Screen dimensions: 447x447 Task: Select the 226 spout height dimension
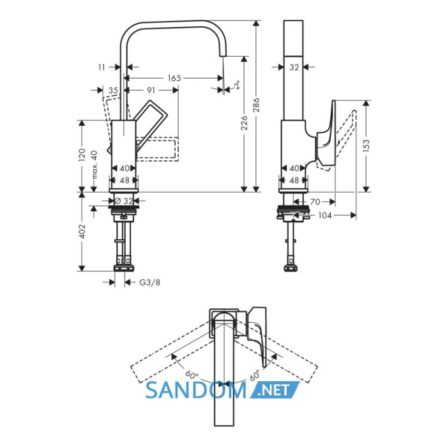(244, 123)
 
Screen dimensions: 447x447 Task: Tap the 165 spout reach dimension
(174, 78)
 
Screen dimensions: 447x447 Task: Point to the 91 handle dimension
(151, 90)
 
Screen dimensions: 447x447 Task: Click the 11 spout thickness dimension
(102, 67)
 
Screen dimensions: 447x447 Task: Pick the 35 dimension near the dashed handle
(113, 91)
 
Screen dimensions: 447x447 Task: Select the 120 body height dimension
(82, 155)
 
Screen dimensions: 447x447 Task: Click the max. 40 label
(95, 165)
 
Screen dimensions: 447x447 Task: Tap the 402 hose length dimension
(82, 231)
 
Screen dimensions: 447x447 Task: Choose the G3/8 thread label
(149, 282)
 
